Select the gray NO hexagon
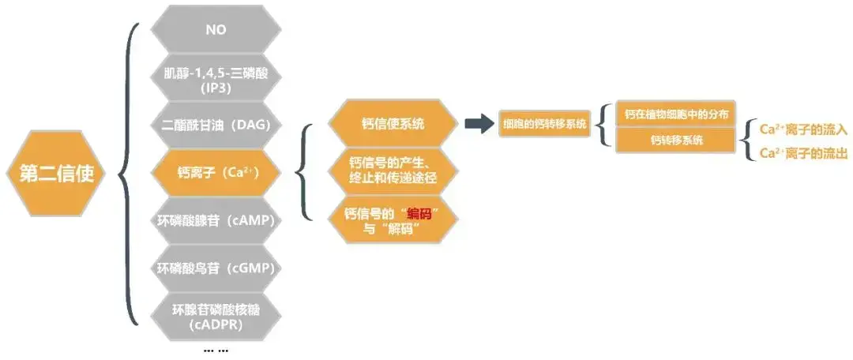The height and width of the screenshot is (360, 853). (x=216, y=29)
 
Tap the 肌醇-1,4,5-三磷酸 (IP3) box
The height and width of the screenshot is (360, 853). (x=216, y=78)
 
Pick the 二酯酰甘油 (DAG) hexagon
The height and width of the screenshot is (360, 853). (x=216, y=126)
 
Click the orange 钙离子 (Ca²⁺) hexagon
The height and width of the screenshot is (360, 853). (x=216, y=171)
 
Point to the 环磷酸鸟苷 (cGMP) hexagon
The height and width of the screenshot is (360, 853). (x=216, y=268)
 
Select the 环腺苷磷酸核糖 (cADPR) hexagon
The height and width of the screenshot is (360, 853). (x=216, y=317)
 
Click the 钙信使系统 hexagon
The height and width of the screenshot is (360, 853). (x=393, y=124)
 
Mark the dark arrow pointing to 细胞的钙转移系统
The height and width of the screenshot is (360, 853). (x=479, y=124)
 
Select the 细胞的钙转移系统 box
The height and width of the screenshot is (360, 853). (x=545, y=124)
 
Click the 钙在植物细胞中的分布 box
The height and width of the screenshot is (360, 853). (x=675, y=114)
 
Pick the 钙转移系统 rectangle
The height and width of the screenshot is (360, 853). (x=675, y=140)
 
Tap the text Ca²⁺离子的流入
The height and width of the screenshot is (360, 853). (x=802, y=129)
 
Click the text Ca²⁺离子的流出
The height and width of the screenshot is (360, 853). (x=802, y=153)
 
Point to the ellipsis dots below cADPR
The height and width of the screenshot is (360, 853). (x=216, y=348)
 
